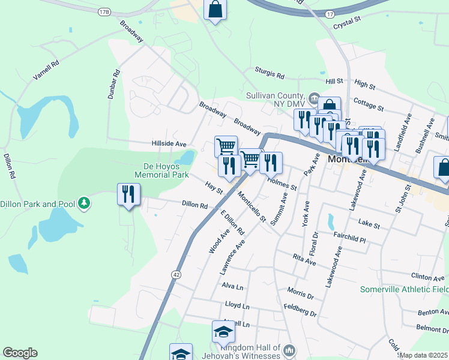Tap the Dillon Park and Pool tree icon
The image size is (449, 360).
[84, 203]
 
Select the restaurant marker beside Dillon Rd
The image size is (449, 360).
[128, 194]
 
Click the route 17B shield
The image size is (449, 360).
[104, 12]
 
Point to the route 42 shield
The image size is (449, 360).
[175, 274]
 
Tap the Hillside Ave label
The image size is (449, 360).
[169, 144]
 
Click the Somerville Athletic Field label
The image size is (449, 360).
[403, 289]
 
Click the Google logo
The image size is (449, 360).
[20, 353]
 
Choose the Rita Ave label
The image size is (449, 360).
[304, 260]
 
